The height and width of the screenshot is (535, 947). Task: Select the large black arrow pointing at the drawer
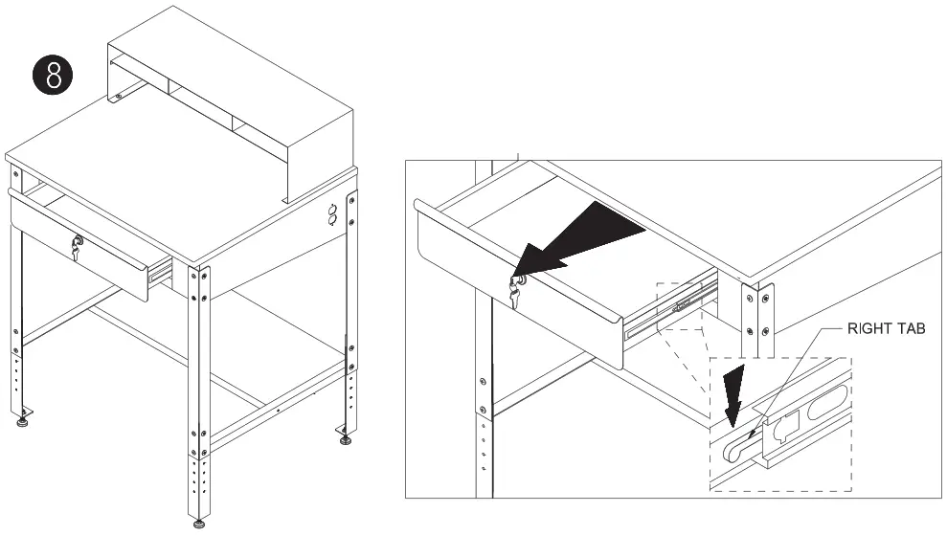[584, 241]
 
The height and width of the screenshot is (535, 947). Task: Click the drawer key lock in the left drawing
[77, 248]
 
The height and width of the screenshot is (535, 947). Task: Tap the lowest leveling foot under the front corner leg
[198, 523]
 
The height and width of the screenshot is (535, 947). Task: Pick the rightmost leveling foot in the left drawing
[344, 439]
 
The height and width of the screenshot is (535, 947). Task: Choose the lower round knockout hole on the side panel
[334, 221]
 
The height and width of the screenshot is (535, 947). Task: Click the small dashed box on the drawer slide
[685, 306]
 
